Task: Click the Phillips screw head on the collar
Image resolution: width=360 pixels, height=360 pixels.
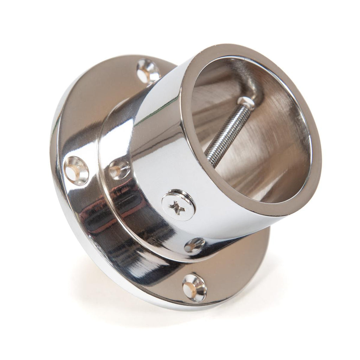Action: click(179, 205)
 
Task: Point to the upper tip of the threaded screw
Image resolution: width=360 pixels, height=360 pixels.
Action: click(246, 102)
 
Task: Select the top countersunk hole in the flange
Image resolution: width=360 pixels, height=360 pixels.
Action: click(148, 71)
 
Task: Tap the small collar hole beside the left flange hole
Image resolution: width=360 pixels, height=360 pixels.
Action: click(118, 170)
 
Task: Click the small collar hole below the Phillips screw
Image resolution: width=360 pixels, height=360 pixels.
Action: click(194, 245)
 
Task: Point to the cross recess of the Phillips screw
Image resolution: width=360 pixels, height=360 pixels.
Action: click(178, 208)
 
